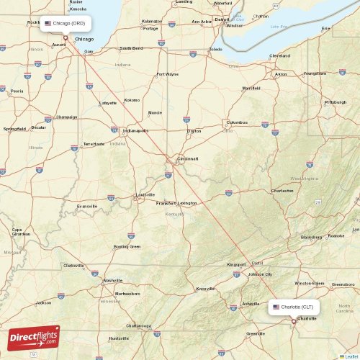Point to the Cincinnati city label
pos(189,158)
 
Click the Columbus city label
pos(237,122)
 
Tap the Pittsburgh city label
pos(336,102)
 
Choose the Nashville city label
pos(112,280)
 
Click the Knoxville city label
pos(205,289)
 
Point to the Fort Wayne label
pos(167,73)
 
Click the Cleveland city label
pos(279,55)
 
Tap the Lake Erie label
pos(279,27)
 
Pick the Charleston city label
pos(282,191)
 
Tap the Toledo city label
pos(215,50)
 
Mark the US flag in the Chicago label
pos(48,23)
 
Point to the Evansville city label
pos(87,206)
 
